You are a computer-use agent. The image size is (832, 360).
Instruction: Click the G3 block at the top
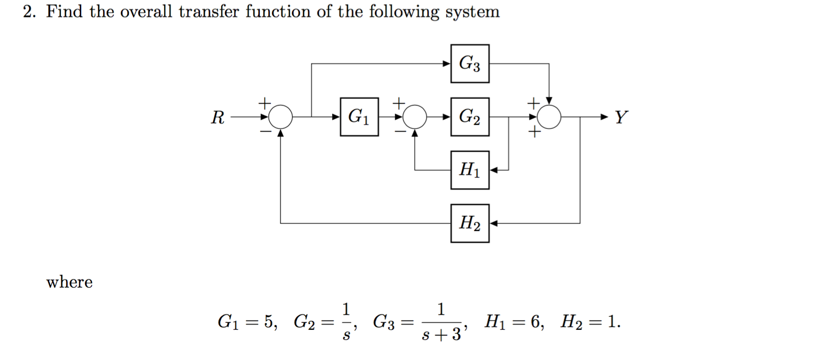(x=469, y=64)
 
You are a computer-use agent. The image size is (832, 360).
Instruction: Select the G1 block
(x=359, y=117)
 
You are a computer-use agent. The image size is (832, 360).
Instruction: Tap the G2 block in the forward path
(x=469, y=117)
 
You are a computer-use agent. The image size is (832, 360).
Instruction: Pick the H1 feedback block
(x=469, y=170)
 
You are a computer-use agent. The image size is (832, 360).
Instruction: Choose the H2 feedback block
(x=469, y=223)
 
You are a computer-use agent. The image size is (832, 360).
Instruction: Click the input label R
(x=218, y=117)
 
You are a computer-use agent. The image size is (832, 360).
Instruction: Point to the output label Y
(x=621, y=117)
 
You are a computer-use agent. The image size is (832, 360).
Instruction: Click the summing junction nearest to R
(x=282, y=117)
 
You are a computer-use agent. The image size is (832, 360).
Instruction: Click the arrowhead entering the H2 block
(x=494, y=223)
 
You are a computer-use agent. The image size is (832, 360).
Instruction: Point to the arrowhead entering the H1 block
(x=494, y=170)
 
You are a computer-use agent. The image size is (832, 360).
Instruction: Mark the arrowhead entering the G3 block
(x=447, y=64)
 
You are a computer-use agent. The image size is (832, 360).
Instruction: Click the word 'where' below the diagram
(x=69, y=282)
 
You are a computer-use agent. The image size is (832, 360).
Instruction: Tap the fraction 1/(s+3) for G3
(x=441, y=321)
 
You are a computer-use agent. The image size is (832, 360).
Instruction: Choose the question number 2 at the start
(x=29, y=12)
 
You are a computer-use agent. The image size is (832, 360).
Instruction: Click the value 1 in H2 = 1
(x=612, y=321)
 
